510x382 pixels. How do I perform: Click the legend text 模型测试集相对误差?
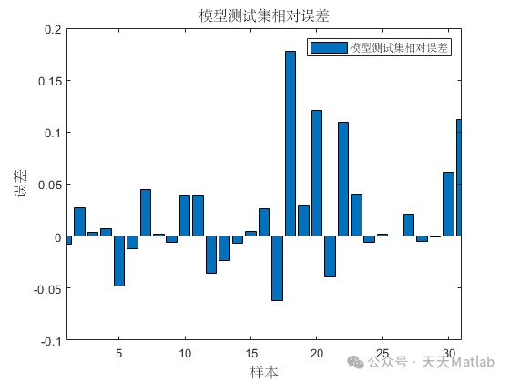(401, 45)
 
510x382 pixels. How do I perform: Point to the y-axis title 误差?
(21, 185)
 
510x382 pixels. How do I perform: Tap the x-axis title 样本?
(265, 371)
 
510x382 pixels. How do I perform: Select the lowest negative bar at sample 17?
(277, 268)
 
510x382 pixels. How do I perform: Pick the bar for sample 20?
(317, 173)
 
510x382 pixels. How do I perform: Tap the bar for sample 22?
(343, 179)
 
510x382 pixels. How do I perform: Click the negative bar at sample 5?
(118, 261)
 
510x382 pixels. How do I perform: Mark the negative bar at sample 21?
(330, 256)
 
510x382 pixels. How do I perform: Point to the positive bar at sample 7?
(145, 213)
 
